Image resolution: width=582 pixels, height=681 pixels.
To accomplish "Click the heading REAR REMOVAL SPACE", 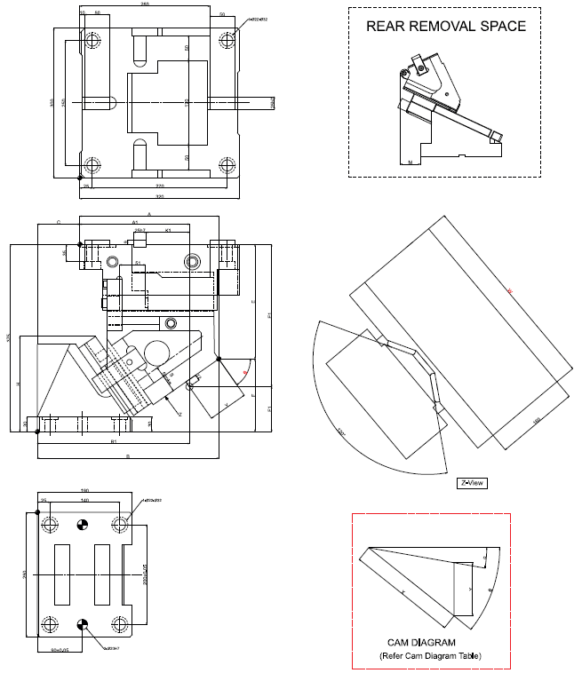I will click(446, 27).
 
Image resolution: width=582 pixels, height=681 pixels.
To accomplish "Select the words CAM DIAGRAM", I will click(421, 642).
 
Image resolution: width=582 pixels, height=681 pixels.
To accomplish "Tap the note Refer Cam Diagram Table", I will click(430, 656).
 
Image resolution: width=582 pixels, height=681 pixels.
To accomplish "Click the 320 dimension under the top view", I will click(160, 195).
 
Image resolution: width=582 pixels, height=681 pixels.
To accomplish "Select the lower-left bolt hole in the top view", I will click(92, 164).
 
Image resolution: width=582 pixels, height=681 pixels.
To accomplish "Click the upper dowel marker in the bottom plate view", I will click(82, 526).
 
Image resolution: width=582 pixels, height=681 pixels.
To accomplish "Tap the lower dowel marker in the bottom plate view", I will click(82, 624).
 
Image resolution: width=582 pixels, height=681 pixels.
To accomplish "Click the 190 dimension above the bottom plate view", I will click(85, 491).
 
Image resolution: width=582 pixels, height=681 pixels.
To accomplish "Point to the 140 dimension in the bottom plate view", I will click(84, 502).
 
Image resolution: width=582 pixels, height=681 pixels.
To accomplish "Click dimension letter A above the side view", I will click(148, 215).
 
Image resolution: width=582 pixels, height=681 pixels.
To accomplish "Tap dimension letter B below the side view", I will click(129, 455).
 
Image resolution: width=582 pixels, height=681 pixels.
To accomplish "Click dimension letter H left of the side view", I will click(18, 384).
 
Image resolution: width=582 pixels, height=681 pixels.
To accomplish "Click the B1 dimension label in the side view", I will click(114, 440).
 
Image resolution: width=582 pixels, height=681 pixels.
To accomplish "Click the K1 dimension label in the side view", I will click(168, 230).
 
